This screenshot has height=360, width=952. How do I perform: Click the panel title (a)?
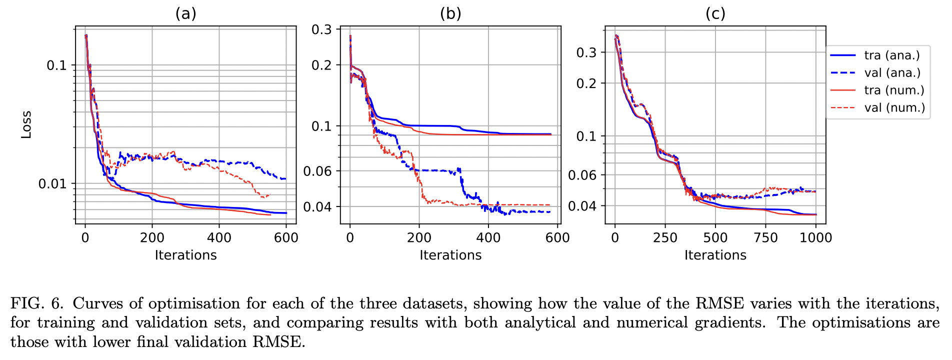click(x=185, y=14)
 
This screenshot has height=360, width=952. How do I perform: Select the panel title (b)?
click(x=450, y=14)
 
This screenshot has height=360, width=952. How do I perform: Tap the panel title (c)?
click(x=715, y=14)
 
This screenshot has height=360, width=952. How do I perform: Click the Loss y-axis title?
click(x=26, y=124)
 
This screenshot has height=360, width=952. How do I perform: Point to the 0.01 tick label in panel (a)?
click(x=52, y=184)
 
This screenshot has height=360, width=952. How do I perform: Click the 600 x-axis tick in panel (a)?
click(x=286, y=237)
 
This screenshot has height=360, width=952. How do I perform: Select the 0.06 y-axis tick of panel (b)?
click(x=317, y=171)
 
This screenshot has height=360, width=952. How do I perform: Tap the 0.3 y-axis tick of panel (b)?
click(x=321, y=29)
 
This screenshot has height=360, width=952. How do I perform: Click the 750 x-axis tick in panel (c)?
click(x=765, y=237)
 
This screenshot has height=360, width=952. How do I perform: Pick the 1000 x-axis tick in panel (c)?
click(x=815, y=237)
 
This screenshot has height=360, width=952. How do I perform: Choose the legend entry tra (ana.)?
click(x=891, y=55)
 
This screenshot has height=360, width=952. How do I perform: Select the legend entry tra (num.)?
click(x=894, y=90)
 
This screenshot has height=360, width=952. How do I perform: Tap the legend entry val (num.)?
click(x=894, y=108)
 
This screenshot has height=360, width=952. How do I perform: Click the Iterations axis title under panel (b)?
click(x=450, y=255)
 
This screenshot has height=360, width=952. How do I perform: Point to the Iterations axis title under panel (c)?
click(x=715, y=255)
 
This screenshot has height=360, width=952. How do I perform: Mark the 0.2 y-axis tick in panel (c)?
click(x=586, y=83)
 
